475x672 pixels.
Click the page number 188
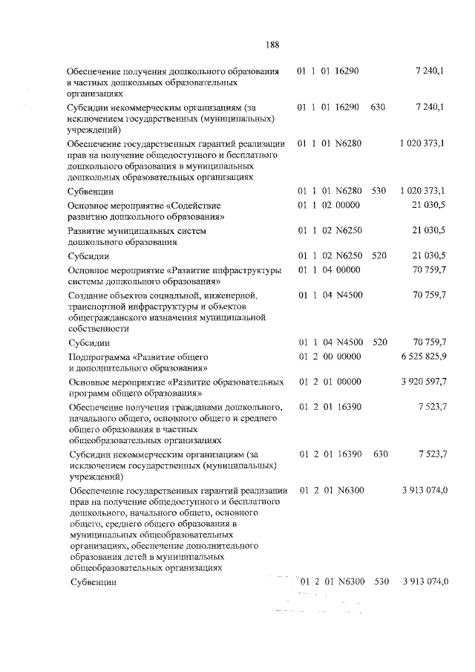tap(272, 45)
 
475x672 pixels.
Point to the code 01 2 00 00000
tap(329, 357)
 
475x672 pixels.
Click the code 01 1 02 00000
tap(329, 205)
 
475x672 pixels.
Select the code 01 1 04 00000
tap(329, 270)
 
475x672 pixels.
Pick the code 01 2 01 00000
tap(329, 382)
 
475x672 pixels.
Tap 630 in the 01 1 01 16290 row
tap(378, 108)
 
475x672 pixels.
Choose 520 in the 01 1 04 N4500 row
tap(379, 342)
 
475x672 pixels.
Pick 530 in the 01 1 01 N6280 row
tap(379, 191)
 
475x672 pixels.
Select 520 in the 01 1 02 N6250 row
tap(379, 255)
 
